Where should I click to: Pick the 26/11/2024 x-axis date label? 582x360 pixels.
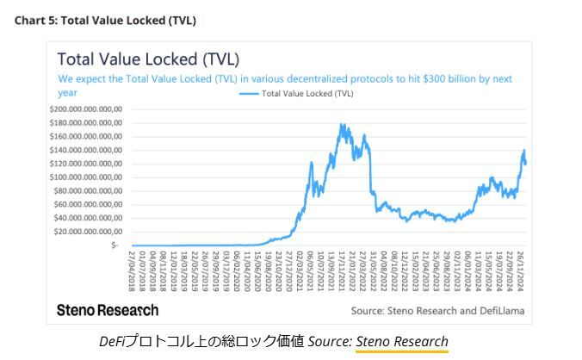(522, 270)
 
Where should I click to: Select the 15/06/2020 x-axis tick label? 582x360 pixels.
(257, 270)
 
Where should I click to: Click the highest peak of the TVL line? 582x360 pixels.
(342, 124)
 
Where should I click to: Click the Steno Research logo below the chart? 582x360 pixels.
(108, 310)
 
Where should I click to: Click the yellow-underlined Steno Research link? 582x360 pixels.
(402, 340)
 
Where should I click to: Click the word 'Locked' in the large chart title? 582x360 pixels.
(170, 59)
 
